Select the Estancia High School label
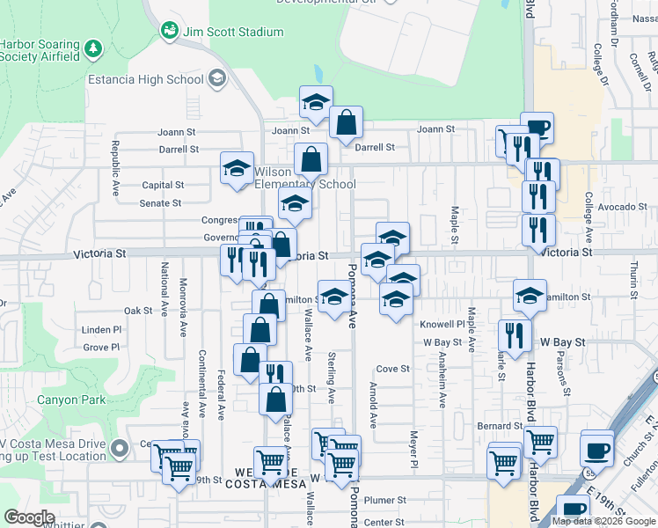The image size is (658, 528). tap(146, 80)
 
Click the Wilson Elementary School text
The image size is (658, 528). tap(304, 178)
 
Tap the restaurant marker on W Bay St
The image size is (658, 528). tap(515, 334)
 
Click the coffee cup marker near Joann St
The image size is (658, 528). tap(537, 128)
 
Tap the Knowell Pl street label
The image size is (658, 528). tap(442, 324)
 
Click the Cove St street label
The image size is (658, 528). tap(393, 369)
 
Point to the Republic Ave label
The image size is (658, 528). tap(114, 167)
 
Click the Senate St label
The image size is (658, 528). tap(161, 202)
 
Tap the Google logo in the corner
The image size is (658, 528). tap(30, 517)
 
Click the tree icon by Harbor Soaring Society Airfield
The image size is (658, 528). tap(94, 45)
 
